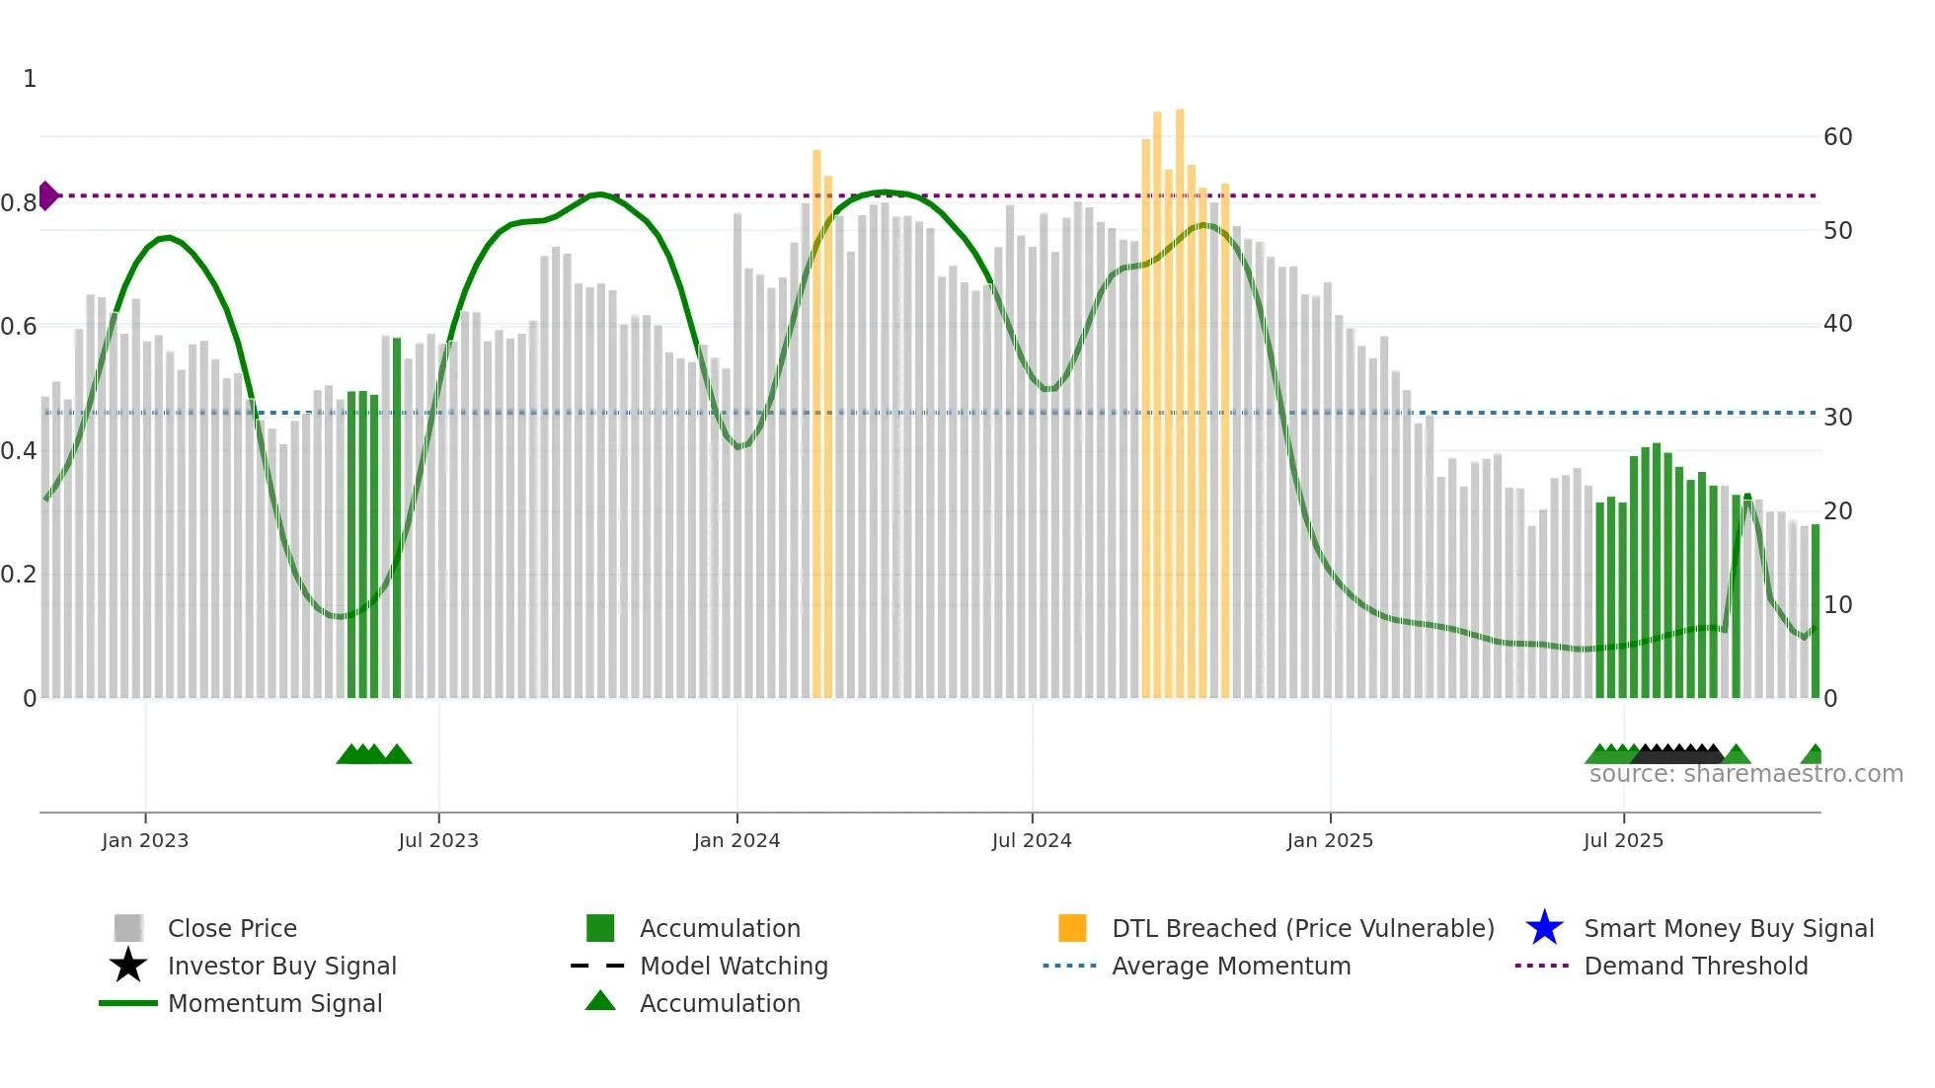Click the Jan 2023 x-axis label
pos(144,840)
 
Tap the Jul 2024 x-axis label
pos(1032,840)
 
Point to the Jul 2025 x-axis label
pos(1623,840)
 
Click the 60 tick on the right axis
pos(1837,137)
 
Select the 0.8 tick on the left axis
pos(19,203)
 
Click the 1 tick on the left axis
pos(30,79)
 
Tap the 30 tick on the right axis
pos(1837,418)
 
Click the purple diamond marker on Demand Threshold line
pos(47,195)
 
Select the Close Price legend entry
pos(232,928)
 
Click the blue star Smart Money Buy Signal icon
pos(1544,928)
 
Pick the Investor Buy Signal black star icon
pos(128,966)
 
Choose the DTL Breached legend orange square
pos(1072,928)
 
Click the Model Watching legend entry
pos(734,966)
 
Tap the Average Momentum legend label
pos(1231,966)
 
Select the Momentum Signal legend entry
pos(274,1003)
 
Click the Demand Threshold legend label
pos(1695,966)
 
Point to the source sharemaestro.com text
pos(1745,774)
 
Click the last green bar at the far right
pos(1815,612)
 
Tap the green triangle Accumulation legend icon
pos(600,1001)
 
